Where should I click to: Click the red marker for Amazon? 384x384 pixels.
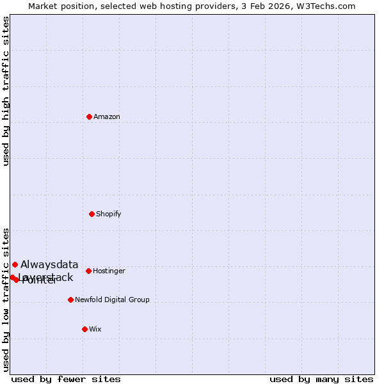pos(89,116)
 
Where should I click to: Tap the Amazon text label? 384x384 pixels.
pos(107,117)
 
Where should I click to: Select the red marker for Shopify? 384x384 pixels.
pos(92,214)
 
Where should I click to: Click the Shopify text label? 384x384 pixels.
pos(109,214)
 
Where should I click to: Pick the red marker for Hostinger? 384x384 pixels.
pos(88,271)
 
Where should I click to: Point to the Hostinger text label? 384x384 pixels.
pos(109,271)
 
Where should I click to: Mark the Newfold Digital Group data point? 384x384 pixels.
pos(70,300)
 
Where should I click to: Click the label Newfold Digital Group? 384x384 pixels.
pos(112,300)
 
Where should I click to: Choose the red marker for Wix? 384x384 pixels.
pos(84,329)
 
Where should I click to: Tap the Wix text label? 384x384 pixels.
pos(95,330)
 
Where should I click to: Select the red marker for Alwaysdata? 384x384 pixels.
pos(15,264)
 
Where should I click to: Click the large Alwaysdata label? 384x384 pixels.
pos(49,265)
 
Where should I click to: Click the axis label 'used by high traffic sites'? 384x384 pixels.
pos(6,92)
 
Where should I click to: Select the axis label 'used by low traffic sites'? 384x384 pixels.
pos(6,300)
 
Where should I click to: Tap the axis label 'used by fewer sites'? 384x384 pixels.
pos(66,380)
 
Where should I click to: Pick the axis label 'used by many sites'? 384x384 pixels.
pos(321,380)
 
